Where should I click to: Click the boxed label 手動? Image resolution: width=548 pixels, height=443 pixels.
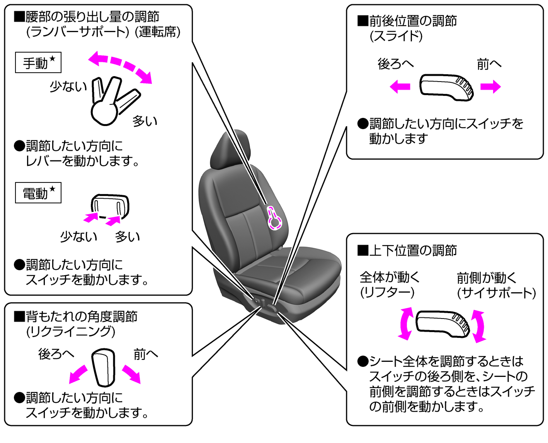[x=38, y=63]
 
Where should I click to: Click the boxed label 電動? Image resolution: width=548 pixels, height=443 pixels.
[x=38, y=193]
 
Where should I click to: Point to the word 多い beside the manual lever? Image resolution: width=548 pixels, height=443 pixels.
[x=145, y=121]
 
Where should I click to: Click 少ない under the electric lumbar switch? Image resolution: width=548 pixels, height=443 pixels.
[x=78, y=237]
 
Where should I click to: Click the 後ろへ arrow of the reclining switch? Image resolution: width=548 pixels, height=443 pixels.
[x=78, y=374]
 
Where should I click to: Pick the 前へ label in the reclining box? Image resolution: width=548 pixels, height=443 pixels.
[x=146, y=354]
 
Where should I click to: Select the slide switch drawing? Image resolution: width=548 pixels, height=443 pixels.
[x=446, y=87]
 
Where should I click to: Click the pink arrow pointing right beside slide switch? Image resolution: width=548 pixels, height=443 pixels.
[x=490, y=86]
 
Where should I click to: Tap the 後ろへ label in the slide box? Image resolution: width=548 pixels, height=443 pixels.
[x=395, y=64]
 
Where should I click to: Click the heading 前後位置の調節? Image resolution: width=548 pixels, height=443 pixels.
[x=412, y=21]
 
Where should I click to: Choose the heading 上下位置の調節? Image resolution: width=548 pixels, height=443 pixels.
[x=412, y=250]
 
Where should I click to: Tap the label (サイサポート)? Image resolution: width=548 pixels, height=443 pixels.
[x=496, y=293]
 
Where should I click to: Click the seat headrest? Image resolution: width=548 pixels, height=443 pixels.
[x=230, y=150]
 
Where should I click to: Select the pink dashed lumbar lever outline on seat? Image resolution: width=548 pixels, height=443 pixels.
[x=275, y=218]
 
